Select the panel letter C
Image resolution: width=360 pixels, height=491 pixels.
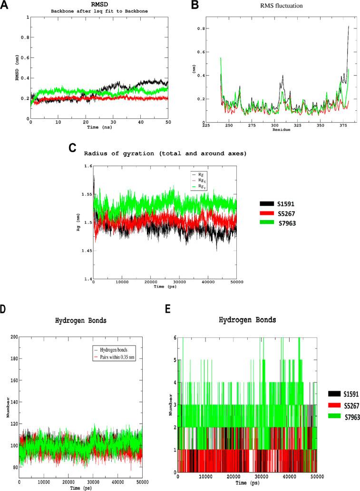[73, 148]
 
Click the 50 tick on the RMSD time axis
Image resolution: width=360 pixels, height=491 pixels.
[168, 123]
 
